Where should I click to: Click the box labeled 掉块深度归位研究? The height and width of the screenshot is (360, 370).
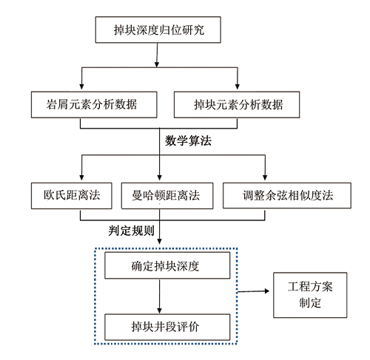[x=158, y=30]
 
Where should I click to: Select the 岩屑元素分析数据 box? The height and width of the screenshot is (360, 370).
[x=94, y=104]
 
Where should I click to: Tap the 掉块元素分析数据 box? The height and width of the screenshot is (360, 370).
[x=237, y=104]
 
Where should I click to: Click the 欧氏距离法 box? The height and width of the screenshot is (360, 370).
[x=72, y=196]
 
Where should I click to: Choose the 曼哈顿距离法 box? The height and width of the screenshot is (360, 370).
[x=167, y=196]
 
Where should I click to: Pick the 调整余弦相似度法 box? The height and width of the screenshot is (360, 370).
[x=287, y=196]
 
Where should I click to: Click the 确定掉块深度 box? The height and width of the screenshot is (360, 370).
[x=167, y=265]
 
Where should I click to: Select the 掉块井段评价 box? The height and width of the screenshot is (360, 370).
[x=167, y=327]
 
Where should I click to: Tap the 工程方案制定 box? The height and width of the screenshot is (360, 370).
[x=310, y=295]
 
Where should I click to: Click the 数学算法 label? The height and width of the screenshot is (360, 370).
[x=188, y=141]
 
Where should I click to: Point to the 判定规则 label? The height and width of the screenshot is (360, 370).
[x=131, y=231]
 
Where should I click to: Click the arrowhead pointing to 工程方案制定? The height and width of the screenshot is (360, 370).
[x=266, y=291]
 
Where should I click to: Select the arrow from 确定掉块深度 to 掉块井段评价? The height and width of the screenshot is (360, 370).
[x=159, y=296]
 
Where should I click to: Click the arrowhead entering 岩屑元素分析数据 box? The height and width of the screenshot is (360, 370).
[x=81, y=86]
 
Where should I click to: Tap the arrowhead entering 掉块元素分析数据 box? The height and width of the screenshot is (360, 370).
[x=238, y=86]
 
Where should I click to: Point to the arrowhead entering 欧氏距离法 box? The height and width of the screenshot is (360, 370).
[x=81, y=177]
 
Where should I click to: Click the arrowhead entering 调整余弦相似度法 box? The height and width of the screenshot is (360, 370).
[x=265, y=177]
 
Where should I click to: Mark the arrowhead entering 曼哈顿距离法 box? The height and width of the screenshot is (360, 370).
[x=159, y=177]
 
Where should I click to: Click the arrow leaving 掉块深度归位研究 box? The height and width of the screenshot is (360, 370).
[x=157, y=55]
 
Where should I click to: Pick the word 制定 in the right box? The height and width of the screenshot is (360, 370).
[x=310, y=303]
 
